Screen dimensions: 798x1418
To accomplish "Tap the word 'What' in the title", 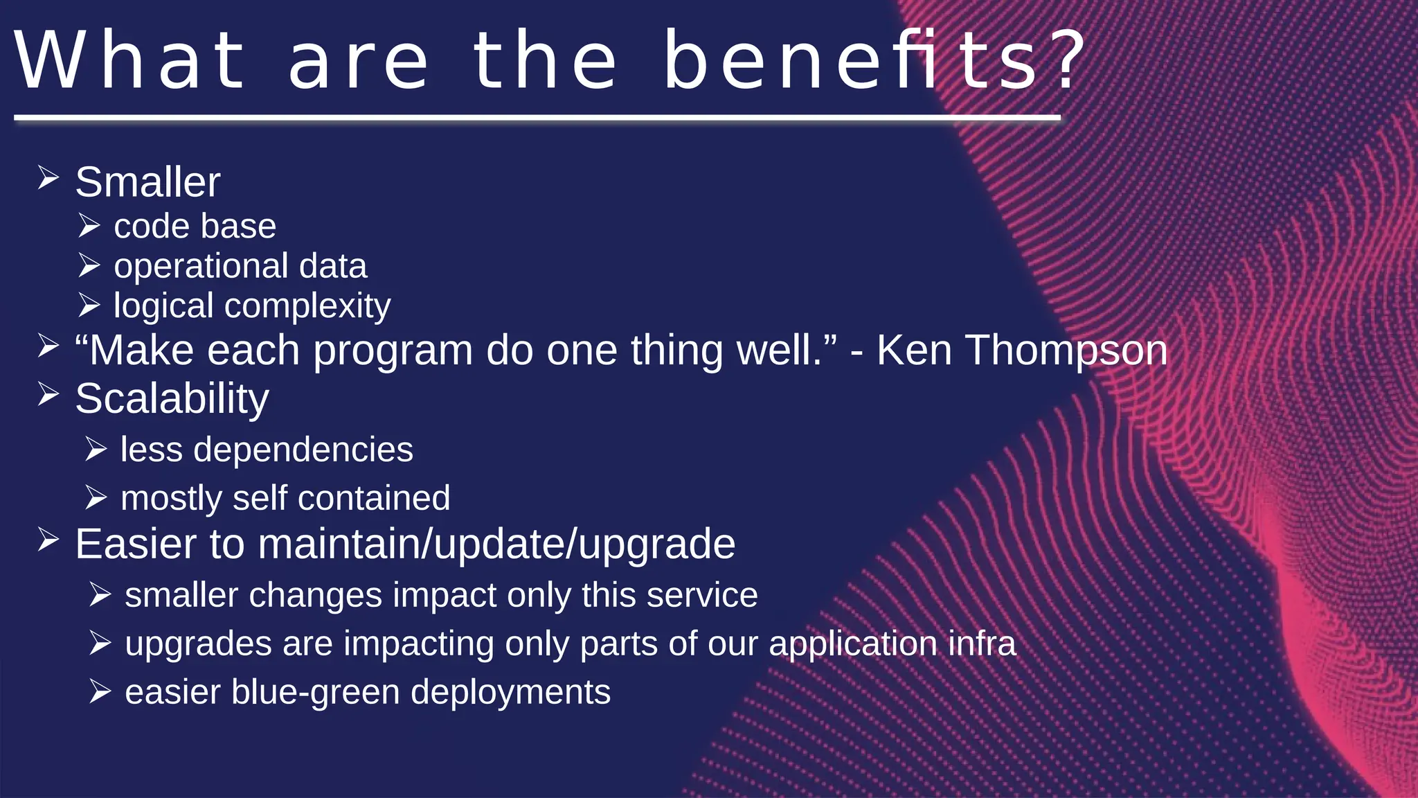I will tap(130, 61).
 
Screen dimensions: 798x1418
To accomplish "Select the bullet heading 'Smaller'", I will tap(147, 182).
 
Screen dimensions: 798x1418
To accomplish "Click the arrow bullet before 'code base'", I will tap(89, 226).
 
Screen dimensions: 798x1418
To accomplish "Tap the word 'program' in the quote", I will tap(393, 351).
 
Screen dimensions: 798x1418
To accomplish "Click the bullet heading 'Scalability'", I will tap(172, 399).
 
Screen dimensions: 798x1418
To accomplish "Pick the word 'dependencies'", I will tap(303, 450).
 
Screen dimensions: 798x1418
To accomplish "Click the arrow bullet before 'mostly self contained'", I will tap(96, 497).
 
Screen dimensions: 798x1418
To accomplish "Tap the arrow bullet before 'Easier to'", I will tap(48, 540).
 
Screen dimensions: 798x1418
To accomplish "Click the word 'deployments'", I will tap(510, 693).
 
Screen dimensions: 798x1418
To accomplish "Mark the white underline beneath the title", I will tap(537, 118).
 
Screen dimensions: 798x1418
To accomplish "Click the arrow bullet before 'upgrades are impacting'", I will tap(100, 644).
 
